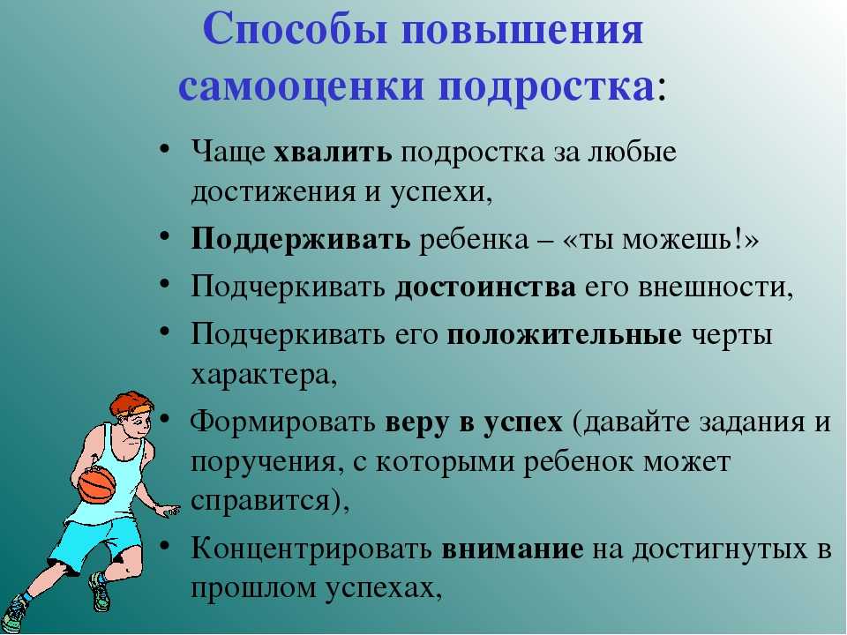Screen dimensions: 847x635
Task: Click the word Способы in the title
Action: (296, 30)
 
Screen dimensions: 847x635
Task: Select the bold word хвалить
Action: (333, 152)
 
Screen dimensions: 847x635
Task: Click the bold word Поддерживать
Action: (300, 239)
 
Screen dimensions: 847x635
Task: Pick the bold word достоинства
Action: (485, 288)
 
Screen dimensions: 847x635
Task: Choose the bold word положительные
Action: (564, 335)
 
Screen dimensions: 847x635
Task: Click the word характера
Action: (264, 376)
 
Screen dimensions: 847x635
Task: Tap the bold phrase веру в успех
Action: (474, 422)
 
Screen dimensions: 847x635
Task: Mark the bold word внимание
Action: (512, 549)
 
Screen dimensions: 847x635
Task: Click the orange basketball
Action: (97, 485)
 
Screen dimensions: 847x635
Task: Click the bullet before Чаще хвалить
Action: (165, 148)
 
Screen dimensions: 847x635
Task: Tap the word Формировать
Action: (282, 422)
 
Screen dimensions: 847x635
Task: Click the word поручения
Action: (266, 462)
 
